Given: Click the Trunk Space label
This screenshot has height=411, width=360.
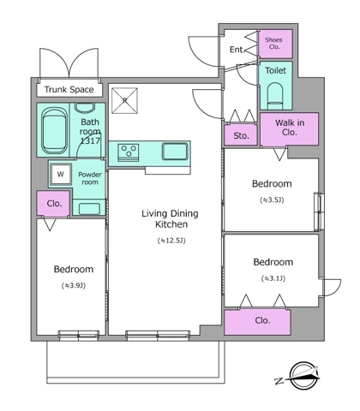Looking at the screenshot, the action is pos(69,90).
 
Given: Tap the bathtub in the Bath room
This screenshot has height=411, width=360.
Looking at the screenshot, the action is pos(55,130).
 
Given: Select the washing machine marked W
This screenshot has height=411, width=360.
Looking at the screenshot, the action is pos(61,174).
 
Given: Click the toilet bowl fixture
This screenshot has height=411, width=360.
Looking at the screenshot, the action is pos(276,96).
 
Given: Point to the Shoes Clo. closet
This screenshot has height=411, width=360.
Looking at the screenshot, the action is pos(275,44).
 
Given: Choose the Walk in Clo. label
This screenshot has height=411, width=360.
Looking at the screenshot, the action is pos(290,128).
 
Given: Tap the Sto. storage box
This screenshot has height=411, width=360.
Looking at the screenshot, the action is pos(241,134).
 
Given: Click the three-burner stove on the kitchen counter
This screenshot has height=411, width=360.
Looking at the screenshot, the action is pos(129,152).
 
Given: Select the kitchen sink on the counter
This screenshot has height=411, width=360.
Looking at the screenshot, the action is pos(175,151).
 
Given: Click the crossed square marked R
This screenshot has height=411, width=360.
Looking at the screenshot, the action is pos(124,100).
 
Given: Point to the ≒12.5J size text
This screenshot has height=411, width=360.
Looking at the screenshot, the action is pos(171,241).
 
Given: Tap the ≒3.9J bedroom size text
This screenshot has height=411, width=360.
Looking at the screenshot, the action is pos(74,285).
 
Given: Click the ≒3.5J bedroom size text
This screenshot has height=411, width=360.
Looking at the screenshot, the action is pos(272,200).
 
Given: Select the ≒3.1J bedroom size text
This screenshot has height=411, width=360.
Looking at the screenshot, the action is pos(273,278).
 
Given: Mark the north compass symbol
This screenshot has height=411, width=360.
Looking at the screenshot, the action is pos(302,376).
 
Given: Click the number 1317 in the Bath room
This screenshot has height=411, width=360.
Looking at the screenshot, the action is pos(90,140).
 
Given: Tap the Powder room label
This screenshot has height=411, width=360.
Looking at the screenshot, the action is pos(90,178).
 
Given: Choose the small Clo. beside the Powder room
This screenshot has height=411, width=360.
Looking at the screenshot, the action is pos(53,204).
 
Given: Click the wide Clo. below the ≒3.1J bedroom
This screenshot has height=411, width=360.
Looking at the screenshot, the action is pos(257,322).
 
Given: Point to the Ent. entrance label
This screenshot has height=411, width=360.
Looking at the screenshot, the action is pos(237,50).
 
